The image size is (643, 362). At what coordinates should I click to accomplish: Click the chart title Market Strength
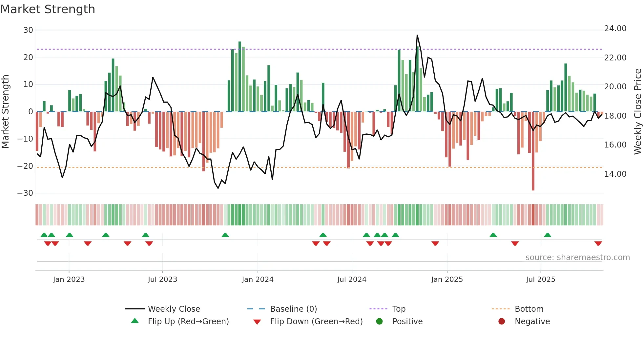[x=48, y=9]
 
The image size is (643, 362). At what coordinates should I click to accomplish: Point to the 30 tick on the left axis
[x=28, y=30]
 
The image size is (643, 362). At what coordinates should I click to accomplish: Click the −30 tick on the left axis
[x=25, y=193]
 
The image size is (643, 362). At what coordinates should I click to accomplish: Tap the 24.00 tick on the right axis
[x=615, y=29]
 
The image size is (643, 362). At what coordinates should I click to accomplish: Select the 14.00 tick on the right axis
[x=615, y=174]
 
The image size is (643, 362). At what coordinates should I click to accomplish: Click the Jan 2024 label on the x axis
[x=258, y=280]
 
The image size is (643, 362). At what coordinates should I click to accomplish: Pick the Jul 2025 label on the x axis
[x=540, y=280]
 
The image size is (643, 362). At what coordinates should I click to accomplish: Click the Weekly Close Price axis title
[x=637, y=111]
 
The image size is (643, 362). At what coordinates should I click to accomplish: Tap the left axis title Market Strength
[x=5, y=111]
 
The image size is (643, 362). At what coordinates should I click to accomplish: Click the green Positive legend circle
[x=380, y=322]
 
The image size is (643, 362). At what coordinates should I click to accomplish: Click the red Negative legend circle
[x=502, y=322]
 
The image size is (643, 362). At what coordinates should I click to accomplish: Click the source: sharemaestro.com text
[x=577, y=258]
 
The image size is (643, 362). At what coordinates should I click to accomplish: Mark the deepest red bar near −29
[x=533, y=189]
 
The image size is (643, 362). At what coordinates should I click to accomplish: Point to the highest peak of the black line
[x=417, y=35]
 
